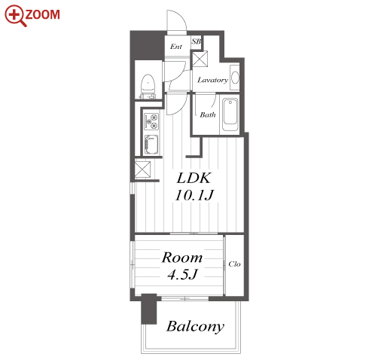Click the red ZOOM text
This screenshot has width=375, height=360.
[x=43, y=14]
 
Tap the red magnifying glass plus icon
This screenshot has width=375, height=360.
[x=15, y=16]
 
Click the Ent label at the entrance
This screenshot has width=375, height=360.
[x=176, y=47]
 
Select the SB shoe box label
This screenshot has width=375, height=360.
[x=197, y=41]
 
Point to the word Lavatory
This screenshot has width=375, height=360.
[x=212, y=80]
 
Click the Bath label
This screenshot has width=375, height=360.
[x=208, y=114]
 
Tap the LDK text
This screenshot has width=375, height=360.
[x=194, y=178]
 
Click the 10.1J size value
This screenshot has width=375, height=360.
[x=194, y=195]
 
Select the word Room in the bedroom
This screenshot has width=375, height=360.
[x=182, y=258]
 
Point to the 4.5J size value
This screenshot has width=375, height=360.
[x=183, y=274]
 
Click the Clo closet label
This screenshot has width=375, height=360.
[x=234, y=264]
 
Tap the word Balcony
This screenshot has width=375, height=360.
[x=195, y=327]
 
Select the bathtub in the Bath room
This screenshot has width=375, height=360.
[x=230, y=114]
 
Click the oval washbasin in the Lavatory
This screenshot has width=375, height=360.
[x=235, y=78]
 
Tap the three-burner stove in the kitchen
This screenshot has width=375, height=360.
[x=151, y=121]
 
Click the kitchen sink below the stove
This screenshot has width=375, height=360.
[x=151, y=145]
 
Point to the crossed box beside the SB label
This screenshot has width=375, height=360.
[x=200, y=59]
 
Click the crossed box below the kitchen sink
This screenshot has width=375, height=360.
[x=142, y=169]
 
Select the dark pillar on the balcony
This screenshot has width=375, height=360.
[x=149, y=309]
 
